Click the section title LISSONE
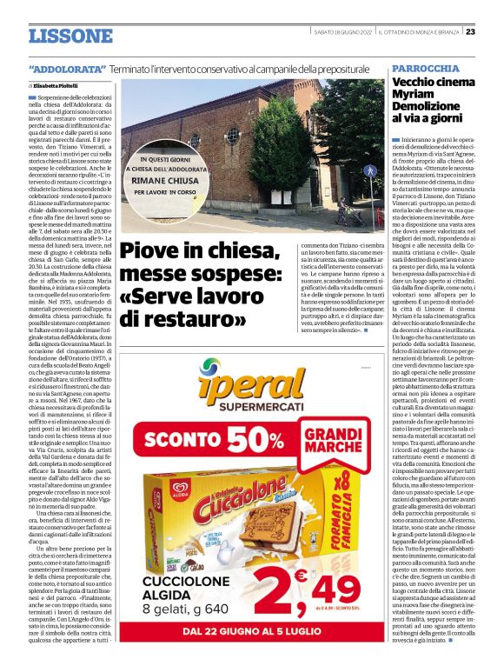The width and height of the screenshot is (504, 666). click(x=70, y=37)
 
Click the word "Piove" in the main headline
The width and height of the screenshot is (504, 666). click(x=154, y=252)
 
